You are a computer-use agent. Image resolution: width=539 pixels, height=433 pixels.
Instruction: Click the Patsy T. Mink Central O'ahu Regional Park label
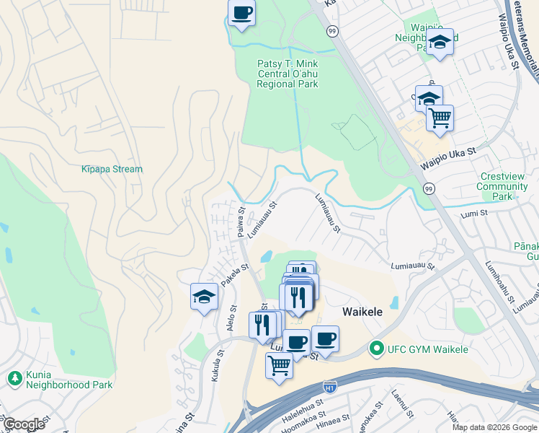tap(288, 74)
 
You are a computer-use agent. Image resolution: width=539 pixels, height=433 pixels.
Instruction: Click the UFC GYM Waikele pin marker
tap(375, 349)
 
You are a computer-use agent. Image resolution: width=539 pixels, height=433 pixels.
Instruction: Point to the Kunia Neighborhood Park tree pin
tap(14, 377)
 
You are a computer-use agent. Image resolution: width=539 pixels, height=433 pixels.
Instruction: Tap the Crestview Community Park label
tap(502, 186)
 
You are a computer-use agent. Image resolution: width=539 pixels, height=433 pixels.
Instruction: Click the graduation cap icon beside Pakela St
tap(204, 297)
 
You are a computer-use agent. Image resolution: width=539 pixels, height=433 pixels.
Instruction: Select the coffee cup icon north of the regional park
tap(241, 13)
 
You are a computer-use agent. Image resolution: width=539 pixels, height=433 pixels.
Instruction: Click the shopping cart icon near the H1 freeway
tap(279, 364)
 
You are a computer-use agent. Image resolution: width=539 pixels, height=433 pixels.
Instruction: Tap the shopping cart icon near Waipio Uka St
tap(440, 118)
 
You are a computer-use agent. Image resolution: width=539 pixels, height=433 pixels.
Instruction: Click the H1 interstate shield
tap(330, 387)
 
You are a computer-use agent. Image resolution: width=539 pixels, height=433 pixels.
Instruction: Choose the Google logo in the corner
tap(24, 424)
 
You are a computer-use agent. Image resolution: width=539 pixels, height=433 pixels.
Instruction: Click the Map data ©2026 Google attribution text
tap(494, 427)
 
